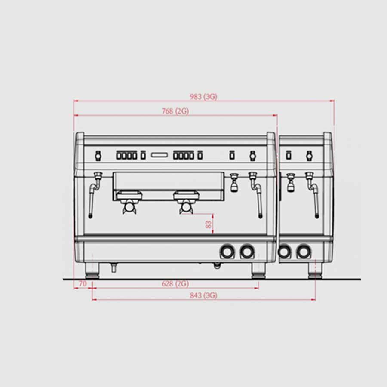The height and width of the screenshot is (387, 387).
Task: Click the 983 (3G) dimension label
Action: tap(203, 96)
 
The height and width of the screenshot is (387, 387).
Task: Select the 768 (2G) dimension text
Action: tap(175, 111)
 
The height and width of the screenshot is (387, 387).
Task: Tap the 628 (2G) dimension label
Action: tap(175, 284)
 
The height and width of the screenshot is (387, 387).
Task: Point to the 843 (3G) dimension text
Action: tap(203, 295)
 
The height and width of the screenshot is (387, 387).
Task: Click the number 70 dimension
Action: tap(83, 284)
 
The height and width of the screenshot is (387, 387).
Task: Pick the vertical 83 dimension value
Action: tap(209, 224)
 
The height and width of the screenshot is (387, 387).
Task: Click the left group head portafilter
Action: tap(129, 201)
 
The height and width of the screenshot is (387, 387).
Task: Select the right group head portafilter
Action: tap(186, 201)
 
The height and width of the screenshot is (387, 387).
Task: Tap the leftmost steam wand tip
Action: tap(90, 216)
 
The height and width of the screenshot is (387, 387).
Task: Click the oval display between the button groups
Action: tap(160, 155)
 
